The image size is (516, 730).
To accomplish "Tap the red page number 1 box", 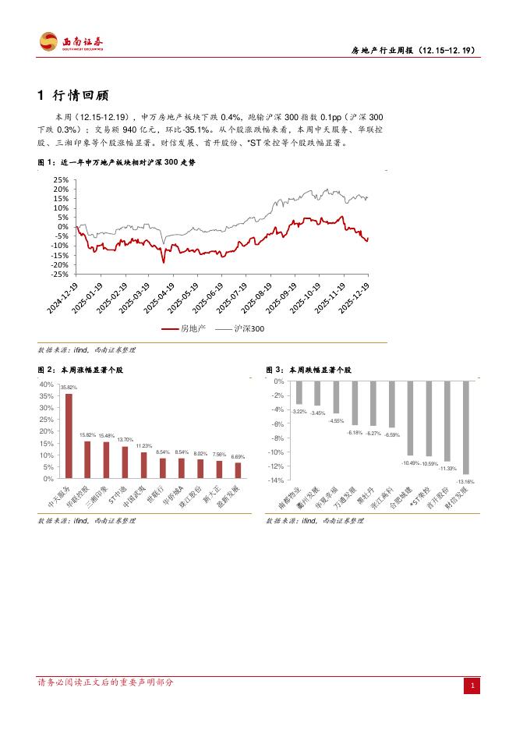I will [x=471, y=685].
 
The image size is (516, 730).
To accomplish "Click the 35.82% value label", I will [x=69, y=388].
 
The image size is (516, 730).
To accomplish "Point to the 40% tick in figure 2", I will [x=46, y=384].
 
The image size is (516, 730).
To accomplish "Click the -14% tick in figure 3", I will [x=277, y=480].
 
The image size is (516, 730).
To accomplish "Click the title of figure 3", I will [x=309, y=370].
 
